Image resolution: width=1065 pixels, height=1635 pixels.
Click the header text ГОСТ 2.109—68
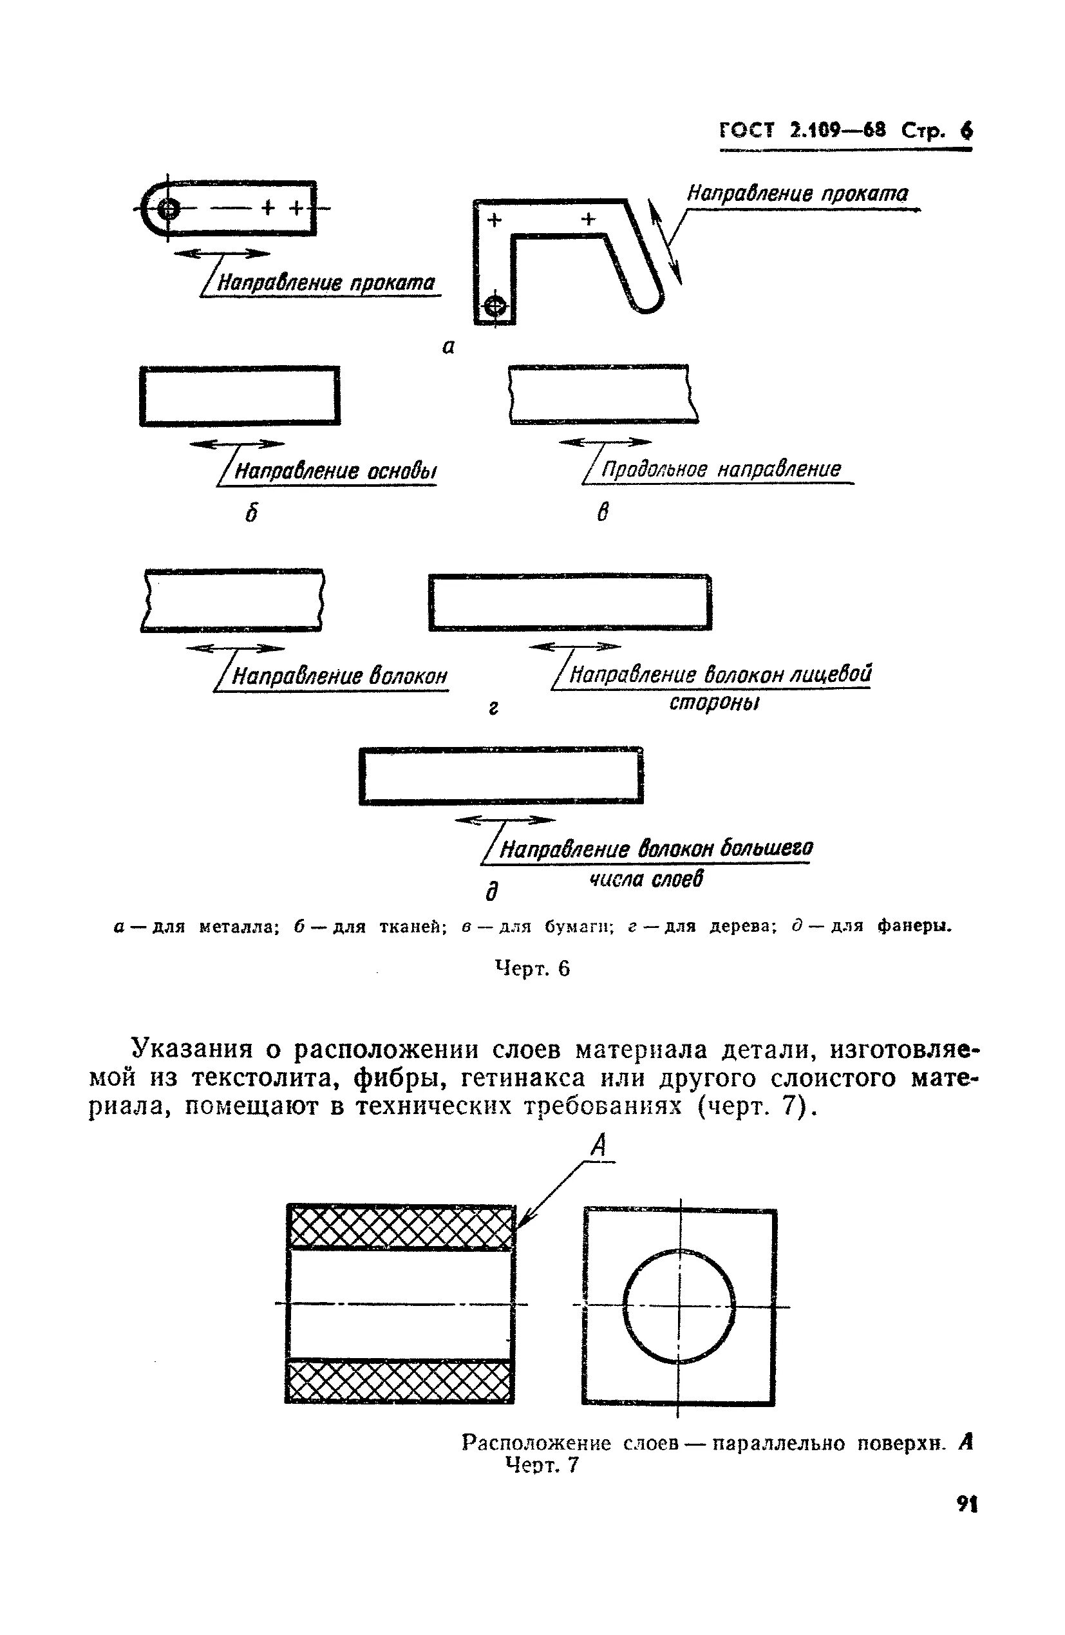coord(802,130)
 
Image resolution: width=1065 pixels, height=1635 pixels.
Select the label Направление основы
coord(335,471)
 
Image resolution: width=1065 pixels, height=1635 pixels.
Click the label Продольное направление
coord(721,469)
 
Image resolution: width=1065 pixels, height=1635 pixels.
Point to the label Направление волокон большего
coord(655,850)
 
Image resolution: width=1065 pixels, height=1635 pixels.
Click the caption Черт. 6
coord(532,969)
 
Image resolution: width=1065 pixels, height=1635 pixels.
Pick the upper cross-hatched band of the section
coord(401,1227)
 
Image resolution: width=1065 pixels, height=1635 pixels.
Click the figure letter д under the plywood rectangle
coord(491,892)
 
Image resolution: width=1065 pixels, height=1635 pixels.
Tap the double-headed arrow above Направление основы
coord(232,444)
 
